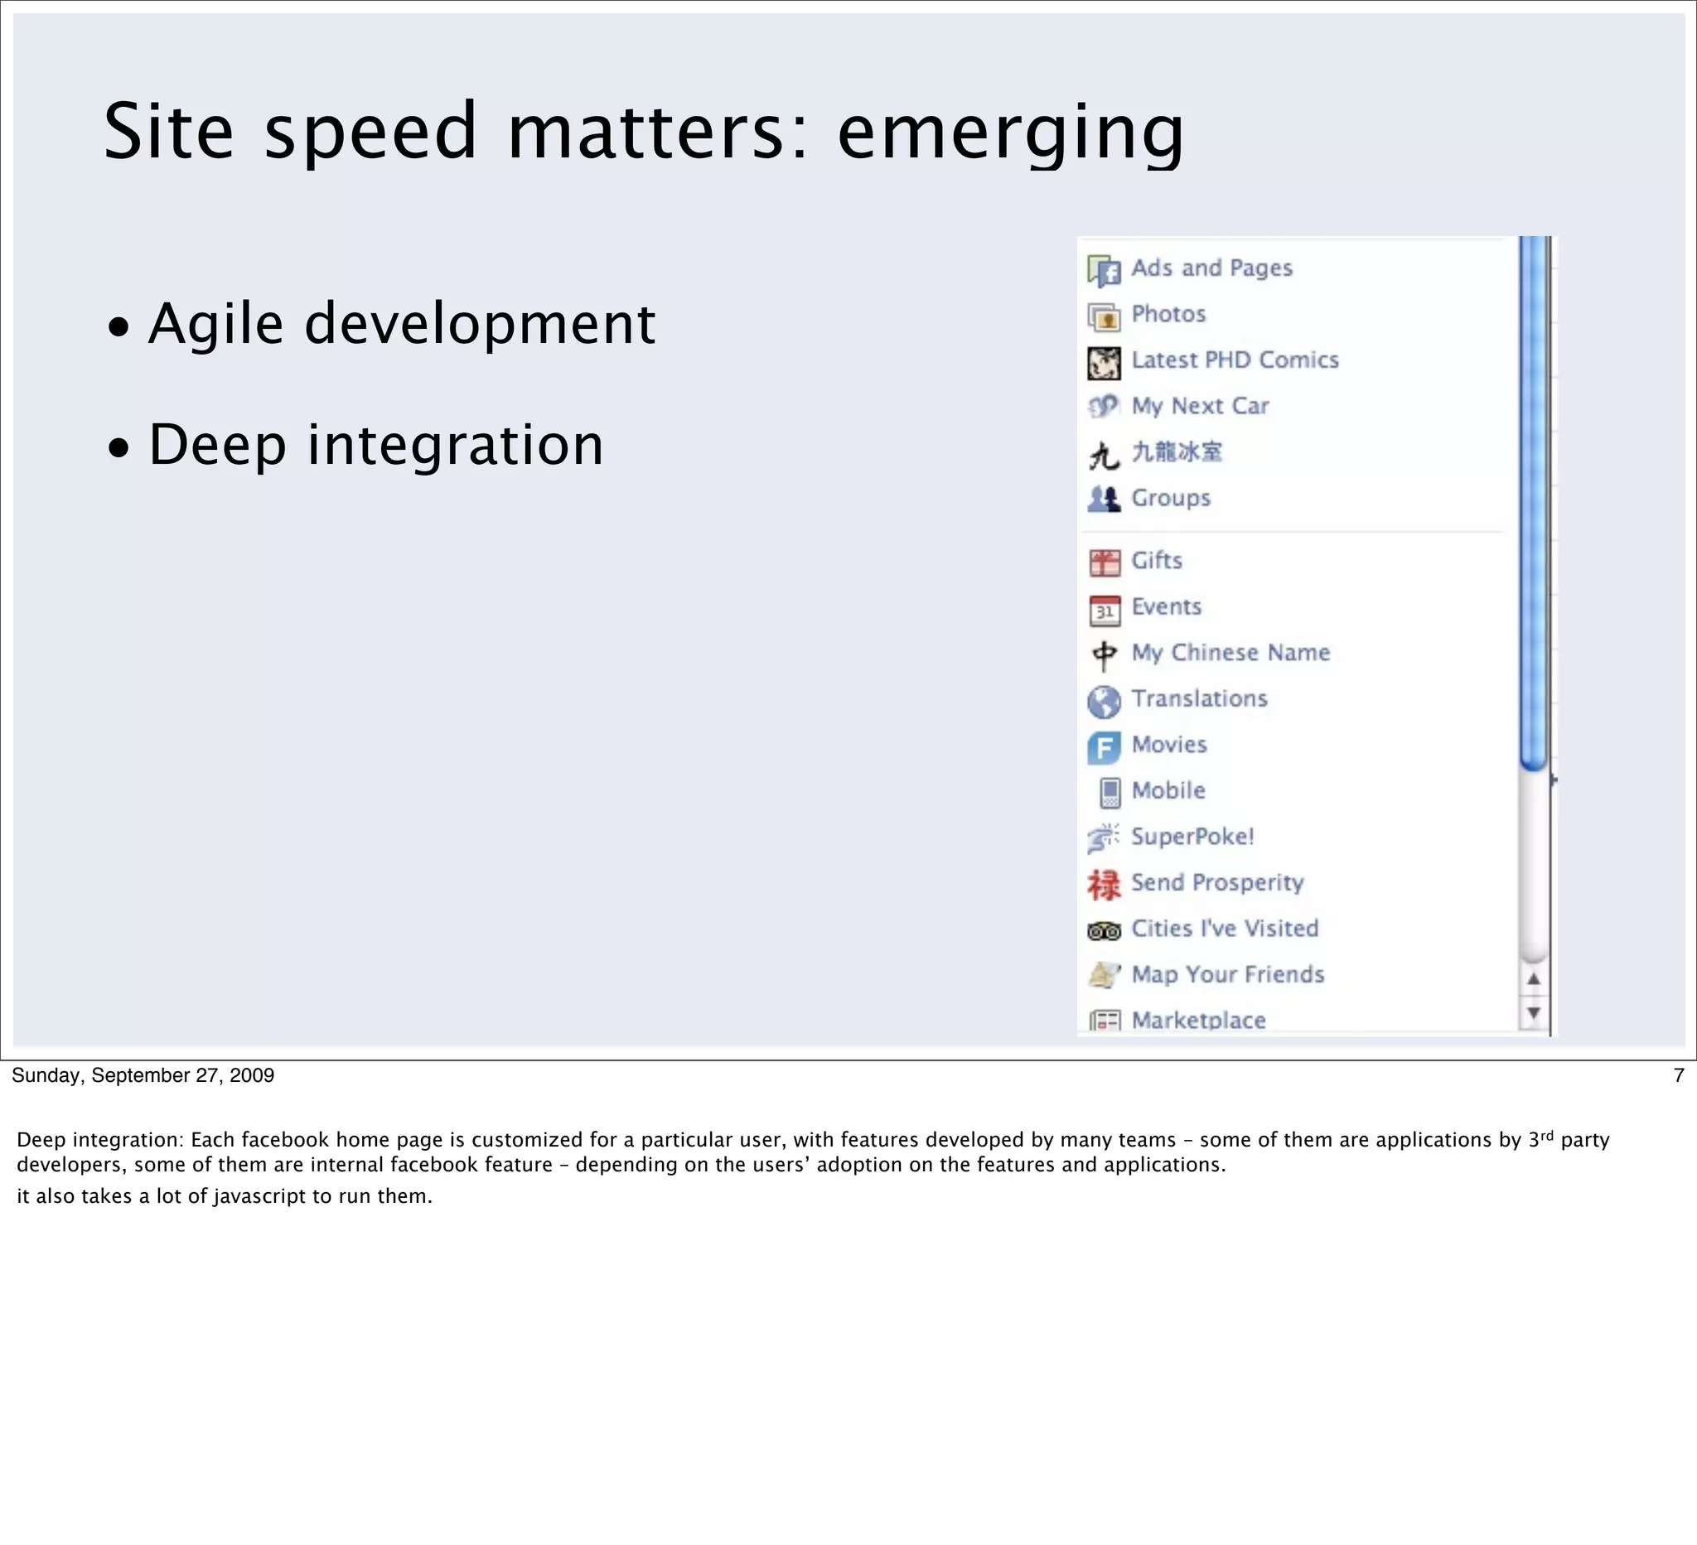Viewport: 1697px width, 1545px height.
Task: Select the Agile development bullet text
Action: point(401,324)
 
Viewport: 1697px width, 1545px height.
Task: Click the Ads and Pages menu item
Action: point(1211,268)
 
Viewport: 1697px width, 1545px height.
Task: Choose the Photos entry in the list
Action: point(1168,314)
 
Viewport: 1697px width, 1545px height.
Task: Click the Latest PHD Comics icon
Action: point(1104,363)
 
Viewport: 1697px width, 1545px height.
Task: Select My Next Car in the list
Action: point(1199,406)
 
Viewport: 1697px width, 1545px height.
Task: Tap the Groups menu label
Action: point(1170,497)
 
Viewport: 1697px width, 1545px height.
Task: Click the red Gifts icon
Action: point(1104,562)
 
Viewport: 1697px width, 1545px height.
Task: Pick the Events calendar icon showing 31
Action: point(1104,610)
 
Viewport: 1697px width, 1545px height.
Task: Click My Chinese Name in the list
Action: point(1230,652)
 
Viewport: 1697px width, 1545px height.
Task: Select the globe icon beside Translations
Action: point(1104,701)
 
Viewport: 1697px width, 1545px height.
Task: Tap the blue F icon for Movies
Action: point(1104,747)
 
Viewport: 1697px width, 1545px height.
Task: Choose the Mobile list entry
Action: point(1168,790)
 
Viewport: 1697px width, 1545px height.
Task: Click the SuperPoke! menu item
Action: point(1192,837)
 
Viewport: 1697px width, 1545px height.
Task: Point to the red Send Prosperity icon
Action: point(1104,885)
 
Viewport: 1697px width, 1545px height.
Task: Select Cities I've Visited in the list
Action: point(1224,928)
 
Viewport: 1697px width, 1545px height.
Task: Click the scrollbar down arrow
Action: point(1533,1012)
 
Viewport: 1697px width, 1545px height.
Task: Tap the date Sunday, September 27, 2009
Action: point(143,1075)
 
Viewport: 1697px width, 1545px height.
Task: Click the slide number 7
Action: point(1679,1075)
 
